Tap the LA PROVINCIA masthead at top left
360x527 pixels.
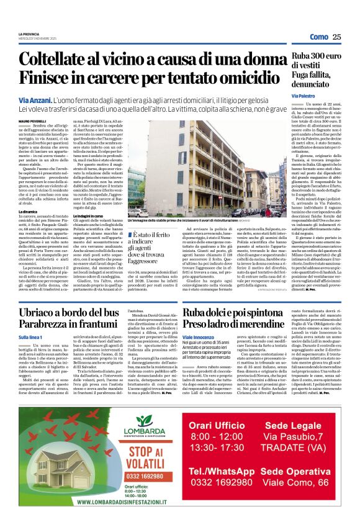tap(29, 34)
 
